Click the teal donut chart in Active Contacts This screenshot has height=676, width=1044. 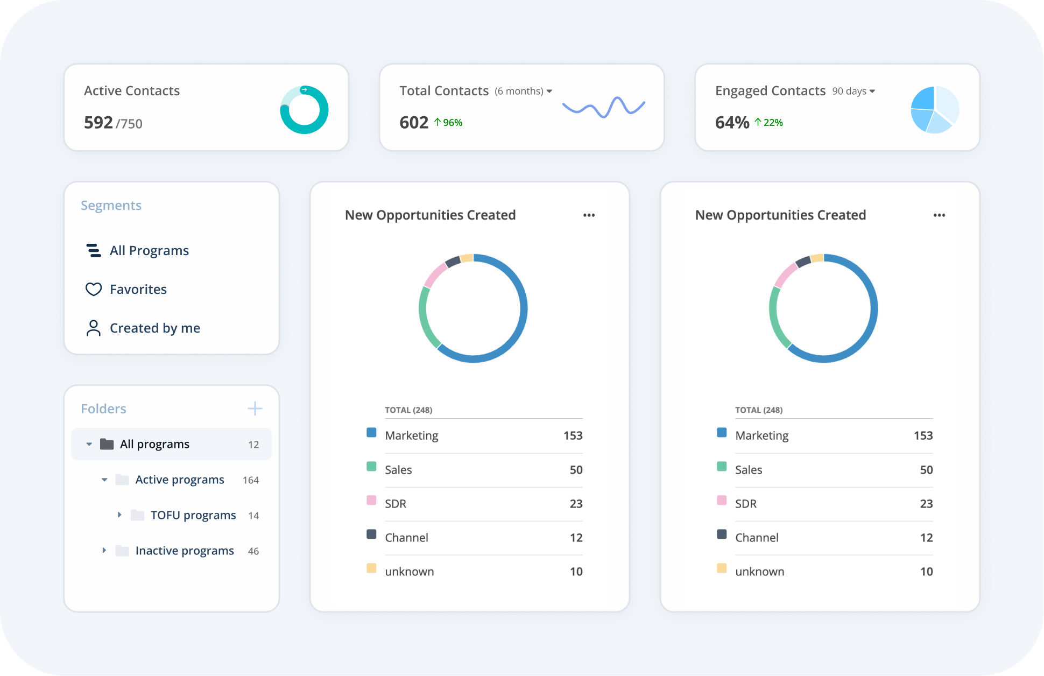pos(304,110)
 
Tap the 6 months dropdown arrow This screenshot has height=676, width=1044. pos(549,91)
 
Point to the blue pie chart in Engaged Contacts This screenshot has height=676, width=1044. pos(935,110)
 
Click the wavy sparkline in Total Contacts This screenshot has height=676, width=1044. pos(603,107)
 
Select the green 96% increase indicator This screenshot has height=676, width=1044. pos(448,123)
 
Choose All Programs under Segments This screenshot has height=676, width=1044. pos(149,251)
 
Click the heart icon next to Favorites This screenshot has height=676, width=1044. pos(94,290)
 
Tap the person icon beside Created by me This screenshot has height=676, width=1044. pos(94,328)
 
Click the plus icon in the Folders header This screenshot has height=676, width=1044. pos(255,409)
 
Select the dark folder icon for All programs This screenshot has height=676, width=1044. pos(107,444)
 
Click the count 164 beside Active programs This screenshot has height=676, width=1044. pos(251,480)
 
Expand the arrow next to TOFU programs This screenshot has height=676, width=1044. pos(119,515)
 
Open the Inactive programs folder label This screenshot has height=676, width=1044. pos(185,551)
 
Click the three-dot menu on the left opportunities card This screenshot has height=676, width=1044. pos(589,215)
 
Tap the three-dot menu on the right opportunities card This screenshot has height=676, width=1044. pos(940,215)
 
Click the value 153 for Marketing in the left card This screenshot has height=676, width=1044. pos(573,435)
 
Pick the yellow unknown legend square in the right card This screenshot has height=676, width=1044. pos(722,568)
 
